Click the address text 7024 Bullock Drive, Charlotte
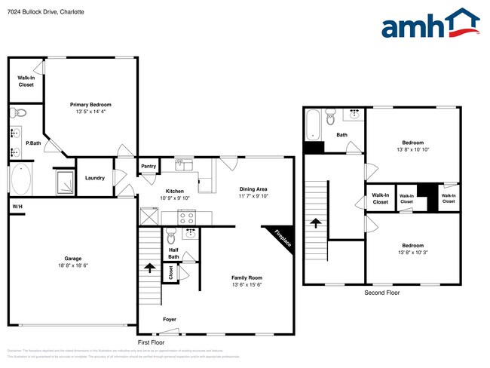pyautogui.click(x=46, y=13)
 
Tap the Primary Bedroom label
pyautogui.click(x=90, y=105)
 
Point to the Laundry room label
pyautogui.click(x=95, y=178)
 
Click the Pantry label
pyautogui.click(x=149, y=167)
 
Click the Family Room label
pyautogui.click(x=246, y=278)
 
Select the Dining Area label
pyautogui.click(x=253, y=189)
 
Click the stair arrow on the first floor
pyautogui.click(x=149, y=268)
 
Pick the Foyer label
pyautogui.click(x=170, y=319)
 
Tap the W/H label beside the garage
pyautogui.click(x=17, y=207)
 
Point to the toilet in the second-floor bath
pyautogui.click(x=330, y=118)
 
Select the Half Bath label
pyautogui.click(x=173, y=253)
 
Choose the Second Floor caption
pyautogui.click(x=381, y=293)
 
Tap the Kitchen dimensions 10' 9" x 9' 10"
pyautogui.click(x=175, y=198)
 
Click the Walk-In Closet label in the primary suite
pyautogui.click(x=26, y=81)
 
